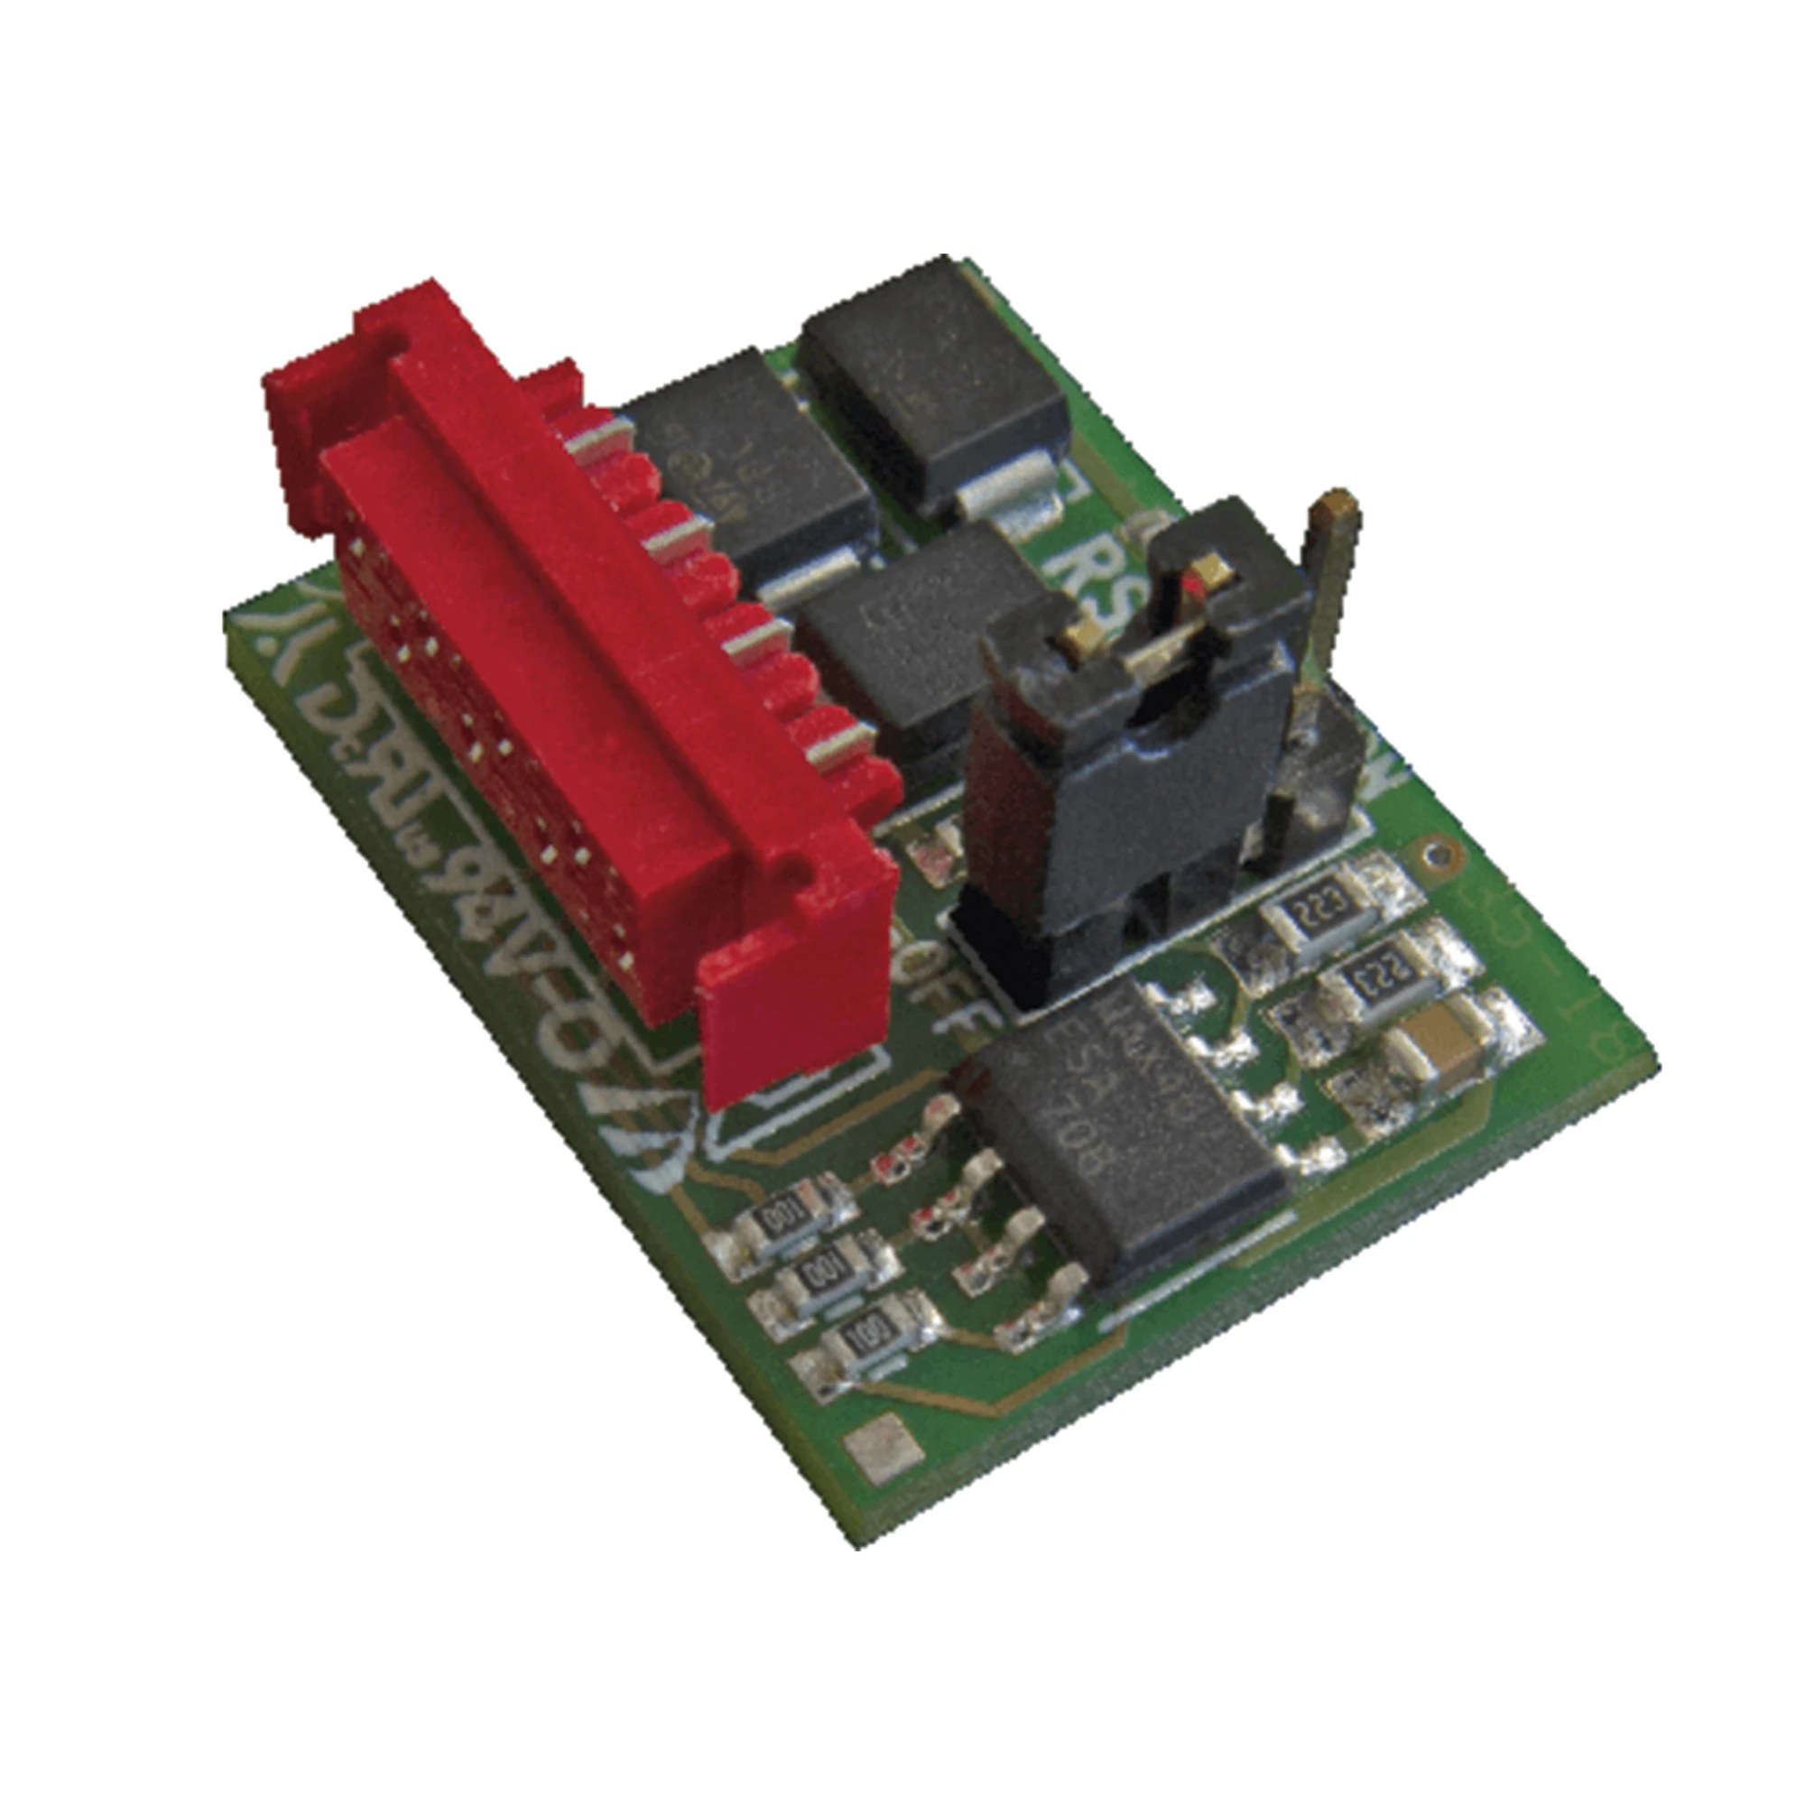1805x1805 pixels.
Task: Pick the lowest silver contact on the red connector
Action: coord(831,743)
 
